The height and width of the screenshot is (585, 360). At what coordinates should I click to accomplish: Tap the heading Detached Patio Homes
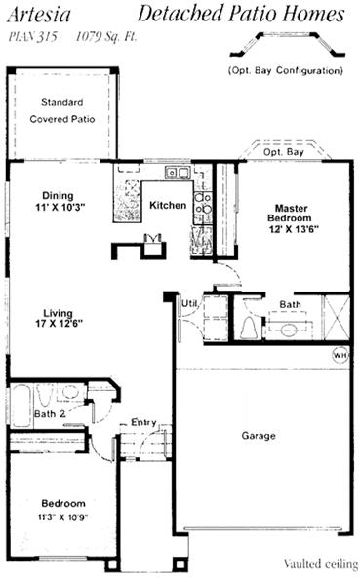pyautogui.click(x=240, y=14)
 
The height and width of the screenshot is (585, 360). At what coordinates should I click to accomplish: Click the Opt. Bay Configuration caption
pyautogui.click(x=284, y=70)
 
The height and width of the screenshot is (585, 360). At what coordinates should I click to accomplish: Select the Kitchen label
pyautogui.click(x=167, y=206)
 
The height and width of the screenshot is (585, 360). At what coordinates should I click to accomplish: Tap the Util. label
pyautogui.click(x=189, y=304)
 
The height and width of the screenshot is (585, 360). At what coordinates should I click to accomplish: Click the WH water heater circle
pyautogui.click(x=340, y=355)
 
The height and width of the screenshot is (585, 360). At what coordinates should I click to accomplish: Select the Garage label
pyautogui.click(x=259, y=435)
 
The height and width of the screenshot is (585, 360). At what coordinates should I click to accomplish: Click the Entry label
pyautogui.click(x=143, y=421)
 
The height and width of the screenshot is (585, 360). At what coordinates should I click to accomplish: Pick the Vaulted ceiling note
pyautogui.click(x=321, y=565)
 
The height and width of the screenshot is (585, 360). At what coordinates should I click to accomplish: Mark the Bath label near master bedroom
pyautogui.click(x=290, y=304)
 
